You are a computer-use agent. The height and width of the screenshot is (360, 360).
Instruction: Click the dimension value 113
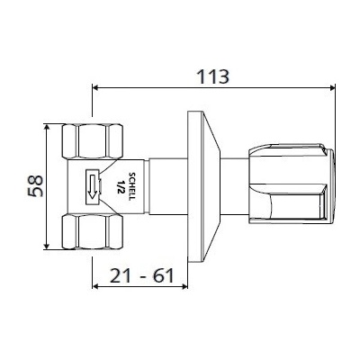(x=212, y=76)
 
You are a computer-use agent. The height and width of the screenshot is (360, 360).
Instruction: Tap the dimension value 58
(x=36, y=186)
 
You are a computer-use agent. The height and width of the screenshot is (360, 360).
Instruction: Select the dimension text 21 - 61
(x=141, y=275)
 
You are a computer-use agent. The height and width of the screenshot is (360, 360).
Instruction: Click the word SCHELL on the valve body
(x=131, y=186)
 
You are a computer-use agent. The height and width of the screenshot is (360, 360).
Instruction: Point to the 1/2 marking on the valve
(x=121, y=186)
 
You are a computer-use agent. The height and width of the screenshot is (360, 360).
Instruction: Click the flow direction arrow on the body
(x=93, y=186)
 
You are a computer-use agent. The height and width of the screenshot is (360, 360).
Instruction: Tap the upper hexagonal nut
(x=93, y=141)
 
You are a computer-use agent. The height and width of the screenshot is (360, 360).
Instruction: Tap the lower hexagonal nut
(x=93, y=231)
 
